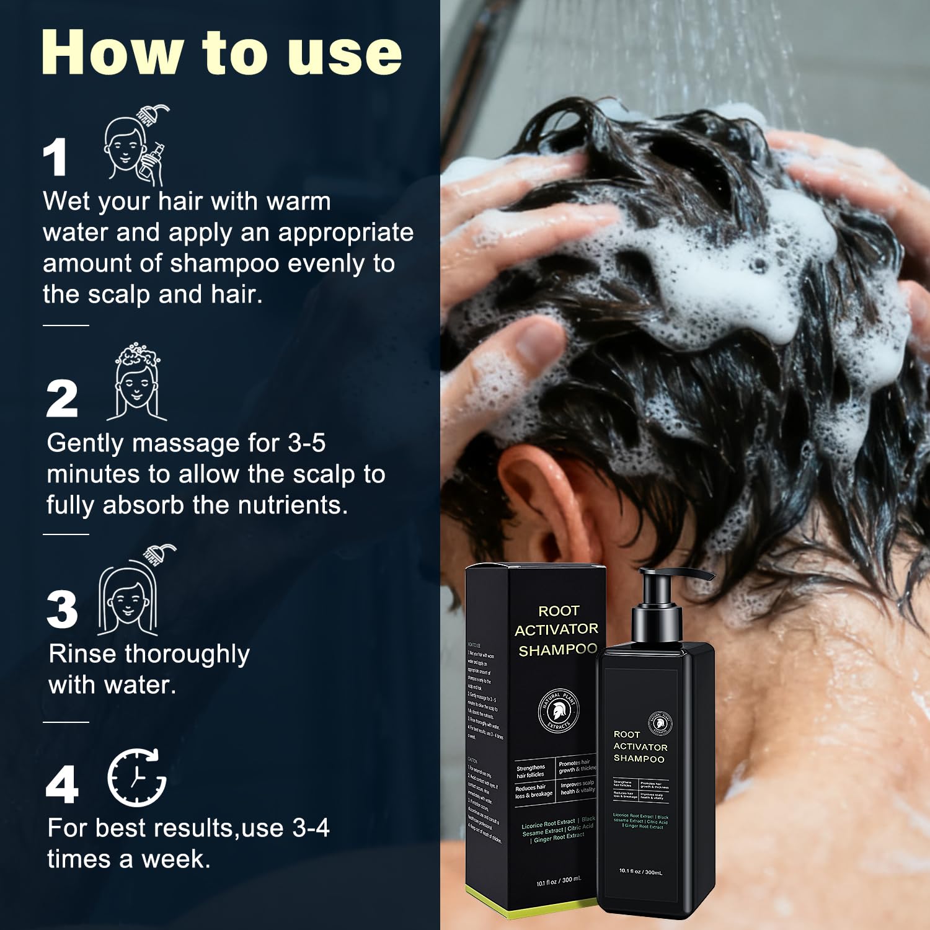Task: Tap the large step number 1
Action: [x=55, y=157]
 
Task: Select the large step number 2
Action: [x=62, y=399]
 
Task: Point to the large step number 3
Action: [x=62, y=609]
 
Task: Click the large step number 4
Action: [x=62, y=784]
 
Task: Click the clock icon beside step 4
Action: [x=136, y=777]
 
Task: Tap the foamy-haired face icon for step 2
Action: [x=136, y=381]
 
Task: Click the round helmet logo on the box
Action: [x=558, y=711]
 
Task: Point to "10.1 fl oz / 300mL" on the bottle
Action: [x=640, y=871]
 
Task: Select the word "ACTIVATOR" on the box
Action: [x=556, y=630]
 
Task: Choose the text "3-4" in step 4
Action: [x=311, y=828]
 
